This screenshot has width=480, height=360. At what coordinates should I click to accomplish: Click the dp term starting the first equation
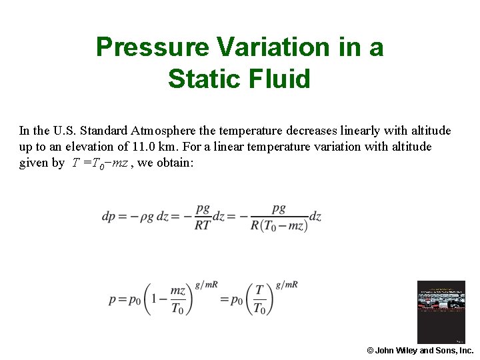point(109,217)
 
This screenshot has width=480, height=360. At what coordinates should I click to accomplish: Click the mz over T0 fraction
point(177,299)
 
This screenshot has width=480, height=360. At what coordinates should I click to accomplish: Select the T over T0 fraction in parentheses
point(259,299)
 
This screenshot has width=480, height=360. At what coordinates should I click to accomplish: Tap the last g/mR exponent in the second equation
point(287,285)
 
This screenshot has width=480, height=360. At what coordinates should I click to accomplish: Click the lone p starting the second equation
point(113,301)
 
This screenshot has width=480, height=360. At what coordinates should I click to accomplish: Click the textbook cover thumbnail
point(441,312)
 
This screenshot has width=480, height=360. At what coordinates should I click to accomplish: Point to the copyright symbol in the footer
point(370,351)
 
